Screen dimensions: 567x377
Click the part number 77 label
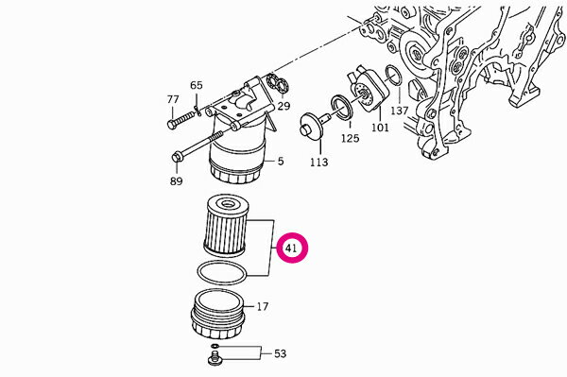173,99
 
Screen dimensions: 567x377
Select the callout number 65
197,85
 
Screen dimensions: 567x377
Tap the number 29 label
283,106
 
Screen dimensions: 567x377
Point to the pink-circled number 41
291,248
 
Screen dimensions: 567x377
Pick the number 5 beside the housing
281,162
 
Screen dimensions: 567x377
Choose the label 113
319,162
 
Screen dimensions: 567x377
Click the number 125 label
350,138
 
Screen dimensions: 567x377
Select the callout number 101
380,128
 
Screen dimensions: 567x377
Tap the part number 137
399,111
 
